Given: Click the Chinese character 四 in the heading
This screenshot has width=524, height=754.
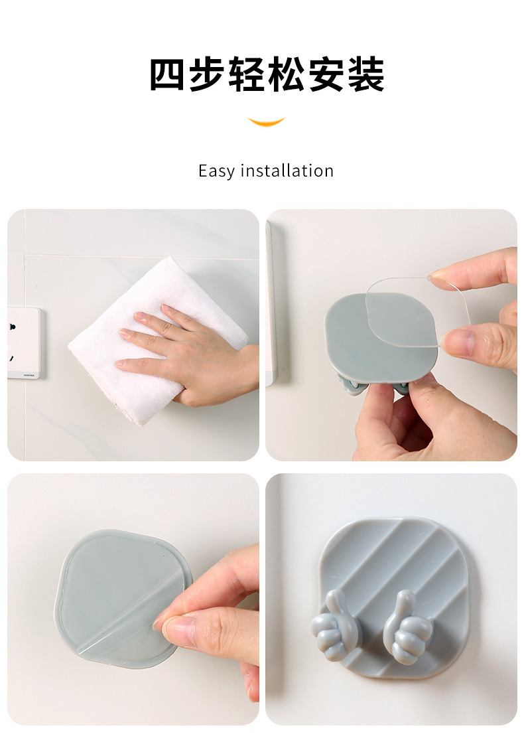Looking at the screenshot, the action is [167, 74].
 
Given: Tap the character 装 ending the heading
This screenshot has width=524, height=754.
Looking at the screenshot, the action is [366, 74].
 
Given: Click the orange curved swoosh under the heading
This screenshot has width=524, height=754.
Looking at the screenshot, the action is [267, 121].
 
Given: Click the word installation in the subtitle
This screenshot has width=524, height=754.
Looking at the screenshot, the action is [287, 171].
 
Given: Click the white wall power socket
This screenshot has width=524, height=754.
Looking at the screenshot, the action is [24, 342].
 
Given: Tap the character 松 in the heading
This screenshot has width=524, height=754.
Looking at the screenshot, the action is [287, 74].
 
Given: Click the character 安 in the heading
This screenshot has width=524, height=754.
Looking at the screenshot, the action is [326, 74].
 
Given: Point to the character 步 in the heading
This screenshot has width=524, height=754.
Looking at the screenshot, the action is [207, 74].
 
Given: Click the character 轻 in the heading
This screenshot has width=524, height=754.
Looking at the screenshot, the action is [247, 74].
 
